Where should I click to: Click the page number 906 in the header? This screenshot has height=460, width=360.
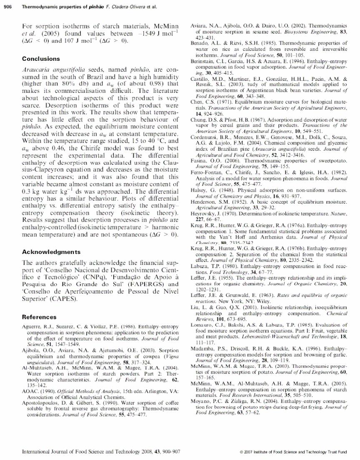pos(7,5)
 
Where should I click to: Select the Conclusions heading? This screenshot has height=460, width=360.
pos(41,59)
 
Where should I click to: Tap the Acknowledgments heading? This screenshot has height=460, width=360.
pos(51,252)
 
